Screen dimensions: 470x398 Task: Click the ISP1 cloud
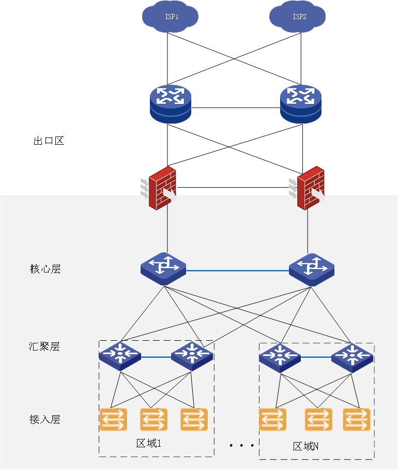click(171, 16)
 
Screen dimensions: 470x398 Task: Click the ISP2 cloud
click(298, 16)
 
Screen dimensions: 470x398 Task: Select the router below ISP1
click(171, 104)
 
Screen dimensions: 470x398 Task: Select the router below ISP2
click(300, 104)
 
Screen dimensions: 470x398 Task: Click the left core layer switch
click(163, 268)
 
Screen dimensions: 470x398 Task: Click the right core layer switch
click(311, 268)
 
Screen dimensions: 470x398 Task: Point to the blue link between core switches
click(237, 270)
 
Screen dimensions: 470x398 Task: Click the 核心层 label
click(45, 269)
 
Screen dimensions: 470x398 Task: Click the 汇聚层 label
click(44, 346)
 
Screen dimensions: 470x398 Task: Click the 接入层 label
click(45, 419)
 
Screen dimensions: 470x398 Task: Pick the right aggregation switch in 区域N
click(351, 357)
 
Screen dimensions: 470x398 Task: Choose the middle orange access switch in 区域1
click(154, 419)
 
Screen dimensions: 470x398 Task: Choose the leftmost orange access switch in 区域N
click(272, 419)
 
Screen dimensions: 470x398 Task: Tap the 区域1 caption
click(149, 443)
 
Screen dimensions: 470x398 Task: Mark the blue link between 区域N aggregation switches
click(316, 357)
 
